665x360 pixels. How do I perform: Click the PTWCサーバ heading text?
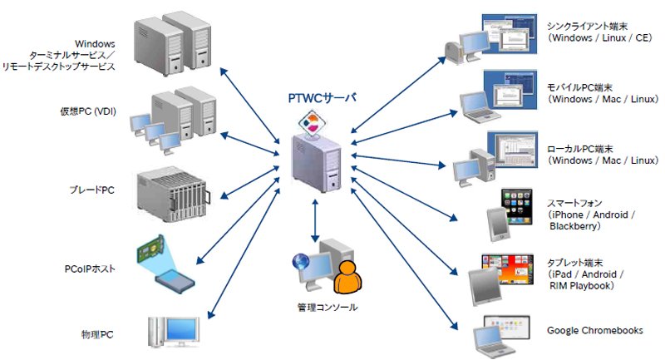pos(322,98)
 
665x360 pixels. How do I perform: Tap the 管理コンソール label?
pos(328,307)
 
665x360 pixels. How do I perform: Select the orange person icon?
pos(347,278)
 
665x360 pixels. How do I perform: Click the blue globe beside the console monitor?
pos(301,262)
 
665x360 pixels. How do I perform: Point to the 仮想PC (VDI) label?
pos(88,111)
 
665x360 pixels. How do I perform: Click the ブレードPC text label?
pos(92,190)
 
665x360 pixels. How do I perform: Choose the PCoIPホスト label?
pos(90,269)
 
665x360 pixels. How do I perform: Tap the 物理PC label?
pos(97,334)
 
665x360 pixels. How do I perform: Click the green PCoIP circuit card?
pos(150,249)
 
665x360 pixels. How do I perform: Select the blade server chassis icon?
pos(174,195)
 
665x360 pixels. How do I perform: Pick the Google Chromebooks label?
pos(594,330)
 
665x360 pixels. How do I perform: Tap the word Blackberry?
pos(573,226)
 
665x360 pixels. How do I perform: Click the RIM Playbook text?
pos(579,286)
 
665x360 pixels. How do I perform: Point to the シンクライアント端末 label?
pos(587,27)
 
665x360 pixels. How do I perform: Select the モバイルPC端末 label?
pos(579,88)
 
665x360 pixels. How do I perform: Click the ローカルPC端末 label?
pos(579,150)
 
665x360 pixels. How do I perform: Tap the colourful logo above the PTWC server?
pos(313,122)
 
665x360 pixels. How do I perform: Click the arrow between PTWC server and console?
pos(315,220)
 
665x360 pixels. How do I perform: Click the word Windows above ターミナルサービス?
pos(95,44)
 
